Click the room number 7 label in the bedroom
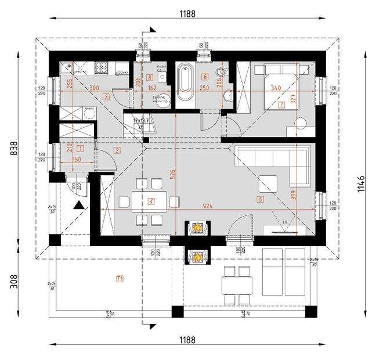coord(281,106)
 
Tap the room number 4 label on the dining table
coord(151,201)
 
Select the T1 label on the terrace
coord(120,279)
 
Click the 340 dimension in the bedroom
coord(276,88)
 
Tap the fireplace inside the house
coord(198,228)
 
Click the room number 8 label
coord(150,77)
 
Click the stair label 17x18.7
coord(141,121)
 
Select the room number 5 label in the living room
coord(259,200)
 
